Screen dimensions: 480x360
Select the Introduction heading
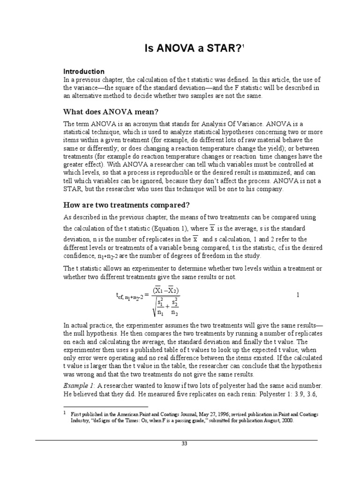84,72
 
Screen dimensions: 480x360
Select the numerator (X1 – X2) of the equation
166,290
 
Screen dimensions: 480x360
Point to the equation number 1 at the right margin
298,294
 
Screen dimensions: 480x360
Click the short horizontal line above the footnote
105,407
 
